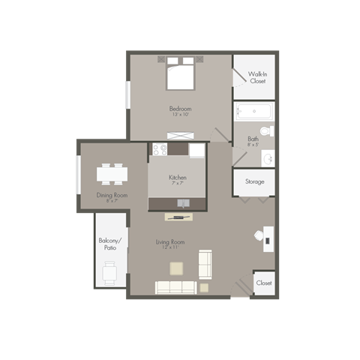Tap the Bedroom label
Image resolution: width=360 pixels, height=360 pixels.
[181, 109]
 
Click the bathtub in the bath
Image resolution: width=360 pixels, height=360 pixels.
[253, 112]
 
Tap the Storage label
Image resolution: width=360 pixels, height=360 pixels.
[254, 181]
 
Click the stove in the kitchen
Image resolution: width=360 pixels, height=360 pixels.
[160, 149]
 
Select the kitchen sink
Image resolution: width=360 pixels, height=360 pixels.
[183, 203]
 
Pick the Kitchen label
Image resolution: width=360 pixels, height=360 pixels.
[178, 178]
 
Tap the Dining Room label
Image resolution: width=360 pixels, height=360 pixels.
[112, 195]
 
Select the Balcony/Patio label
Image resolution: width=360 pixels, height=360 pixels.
[109, 244]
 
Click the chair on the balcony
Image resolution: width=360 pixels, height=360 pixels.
[110, 274]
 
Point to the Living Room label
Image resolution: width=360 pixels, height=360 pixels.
[170, 242]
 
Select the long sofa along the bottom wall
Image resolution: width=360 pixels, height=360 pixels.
[175, 286]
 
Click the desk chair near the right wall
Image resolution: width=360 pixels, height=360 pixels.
[259, 235]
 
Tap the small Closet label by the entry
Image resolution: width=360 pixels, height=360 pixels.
[263, 283]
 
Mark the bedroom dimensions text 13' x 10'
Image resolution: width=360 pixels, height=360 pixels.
[181, 115]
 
